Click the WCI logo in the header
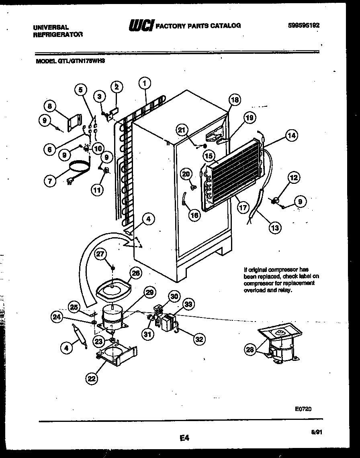click(141, 26)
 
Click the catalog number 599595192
click(304, 25)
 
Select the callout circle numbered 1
click(145, 83)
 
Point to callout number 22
click(92, 377)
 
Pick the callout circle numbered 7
click(49, 181)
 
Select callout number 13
click(275, 228)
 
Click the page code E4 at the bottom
click(184, 439)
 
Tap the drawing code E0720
click(303, 409)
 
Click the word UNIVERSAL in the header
click(50, 27)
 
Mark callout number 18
click(235, 100)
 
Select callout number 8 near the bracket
click(49, 106)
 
